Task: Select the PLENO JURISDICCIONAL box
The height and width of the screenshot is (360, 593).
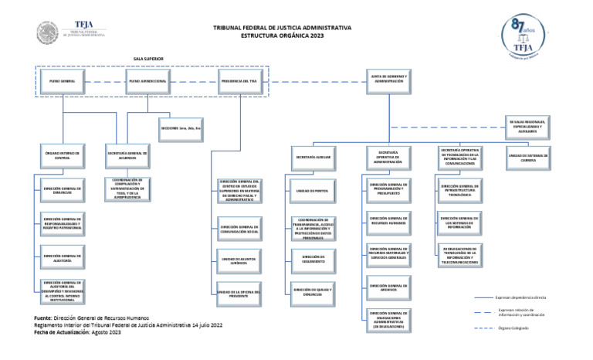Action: coord(150,81)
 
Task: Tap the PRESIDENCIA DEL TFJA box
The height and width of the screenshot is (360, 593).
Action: coord(239,81)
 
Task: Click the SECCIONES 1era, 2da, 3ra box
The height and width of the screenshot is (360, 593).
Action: coord(181,127)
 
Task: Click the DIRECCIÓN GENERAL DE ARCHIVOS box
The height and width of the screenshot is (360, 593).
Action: coord(388,287)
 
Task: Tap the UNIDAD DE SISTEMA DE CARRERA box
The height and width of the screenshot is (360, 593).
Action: coord(528,157)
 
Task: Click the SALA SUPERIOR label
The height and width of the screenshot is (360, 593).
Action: coord(148,59)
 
